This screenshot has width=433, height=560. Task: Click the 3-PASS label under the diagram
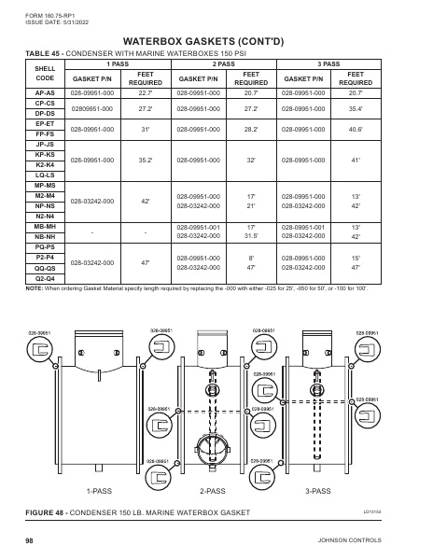tap(318, 490)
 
